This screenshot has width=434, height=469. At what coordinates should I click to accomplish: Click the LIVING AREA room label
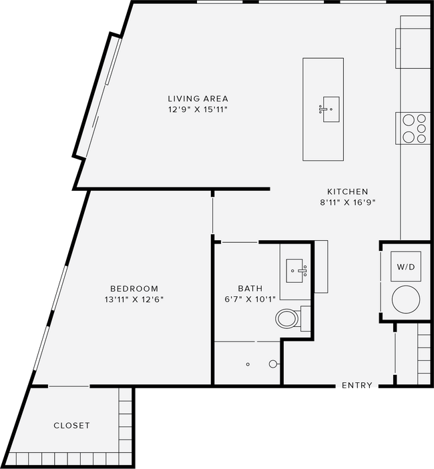tap(198, 99)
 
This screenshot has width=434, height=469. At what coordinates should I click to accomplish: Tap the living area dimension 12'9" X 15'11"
tap(198, 109)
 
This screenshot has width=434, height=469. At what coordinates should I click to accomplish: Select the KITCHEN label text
tap(347, 191)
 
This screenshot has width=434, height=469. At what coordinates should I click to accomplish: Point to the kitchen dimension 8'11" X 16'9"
tap(348, 203)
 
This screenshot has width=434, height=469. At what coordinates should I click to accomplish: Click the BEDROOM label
tap(134, 289)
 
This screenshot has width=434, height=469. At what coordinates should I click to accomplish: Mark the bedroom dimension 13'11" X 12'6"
tap(134, 300)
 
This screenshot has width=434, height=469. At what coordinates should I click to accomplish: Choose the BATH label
tap(250, 288)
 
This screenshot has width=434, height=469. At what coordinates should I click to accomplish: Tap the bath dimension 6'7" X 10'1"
tap(250, 299)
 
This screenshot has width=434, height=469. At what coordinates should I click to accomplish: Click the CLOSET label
tap(71, 426)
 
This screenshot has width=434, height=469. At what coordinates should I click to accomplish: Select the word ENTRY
tap(357, 385)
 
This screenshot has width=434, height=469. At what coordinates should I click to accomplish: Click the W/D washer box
tap(406, 266)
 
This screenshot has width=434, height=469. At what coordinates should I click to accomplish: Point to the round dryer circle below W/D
tap(406, 300)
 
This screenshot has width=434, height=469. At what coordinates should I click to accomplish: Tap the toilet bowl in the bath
tap(287, 319)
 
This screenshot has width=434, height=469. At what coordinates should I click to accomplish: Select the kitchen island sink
tap(331, 109)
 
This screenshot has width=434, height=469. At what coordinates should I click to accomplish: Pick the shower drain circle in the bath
tap(248, 364)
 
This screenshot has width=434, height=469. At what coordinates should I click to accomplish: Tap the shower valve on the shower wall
tap(272, 364)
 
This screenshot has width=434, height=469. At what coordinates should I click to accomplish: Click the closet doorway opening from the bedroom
tap(69, 386)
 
